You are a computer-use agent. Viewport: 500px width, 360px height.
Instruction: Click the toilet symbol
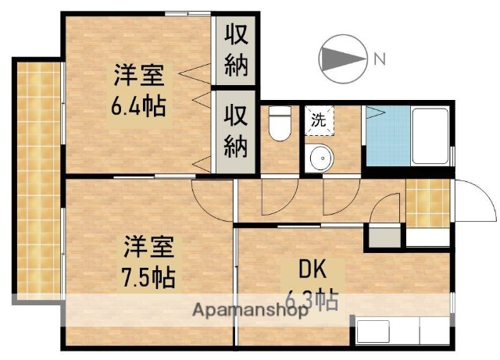point(279,123)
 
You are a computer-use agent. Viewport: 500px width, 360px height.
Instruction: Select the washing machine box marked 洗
point(319,120)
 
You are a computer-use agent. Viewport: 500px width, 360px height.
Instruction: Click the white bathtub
point(429,134)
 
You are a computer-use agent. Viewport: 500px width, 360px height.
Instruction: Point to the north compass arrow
point(343,58)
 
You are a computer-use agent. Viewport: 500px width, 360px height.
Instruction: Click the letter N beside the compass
point(378,58)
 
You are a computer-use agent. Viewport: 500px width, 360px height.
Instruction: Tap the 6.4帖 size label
point(139,106)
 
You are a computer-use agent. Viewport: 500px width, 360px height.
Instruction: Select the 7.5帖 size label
point(147,276)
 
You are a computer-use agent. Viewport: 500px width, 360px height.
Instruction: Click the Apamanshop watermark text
point(250,310)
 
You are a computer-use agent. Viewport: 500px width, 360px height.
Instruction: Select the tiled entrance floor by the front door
point(427,201)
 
